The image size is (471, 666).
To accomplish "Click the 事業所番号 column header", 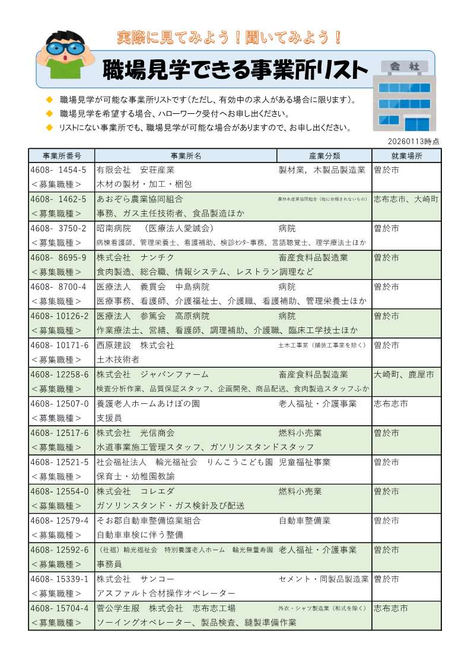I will [x=61, y=156].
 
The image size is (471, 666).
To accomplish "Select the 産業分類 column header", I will [x=324, y=156].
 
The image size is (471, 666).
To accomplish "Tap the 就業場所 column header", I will [x=407, y=156].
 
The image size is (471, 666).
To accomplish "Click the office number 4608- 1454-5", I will [x=59, y=170].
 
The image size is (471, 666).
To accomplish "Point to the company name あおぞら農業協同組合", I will [x=139, y=199].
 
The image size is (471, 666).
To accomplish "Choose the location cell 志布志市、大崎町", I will [x=406, y=199].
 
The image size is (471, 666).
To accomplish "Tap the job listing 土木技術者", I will [x=118, y=359].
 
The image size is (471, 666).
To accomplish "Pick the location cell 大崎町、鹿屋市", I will [x=404, y=374].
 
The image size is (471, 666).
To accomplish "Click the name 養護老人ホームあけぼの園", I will [x=148, y=404].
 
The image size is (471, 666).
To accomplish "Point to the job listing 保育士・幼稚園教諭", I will [x=136, y=476].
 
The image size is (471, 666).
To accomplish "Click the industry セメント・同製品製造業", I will [x=323, y=579].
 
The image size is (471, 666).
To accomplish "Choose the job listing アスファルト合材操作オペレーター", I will [x=166, y=593].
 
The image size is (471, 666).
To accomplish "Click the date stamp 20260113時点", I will [x=414, y=141].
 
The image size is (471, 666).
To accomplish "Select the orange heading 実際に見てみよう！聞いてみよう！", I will [x=230, y=38].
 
